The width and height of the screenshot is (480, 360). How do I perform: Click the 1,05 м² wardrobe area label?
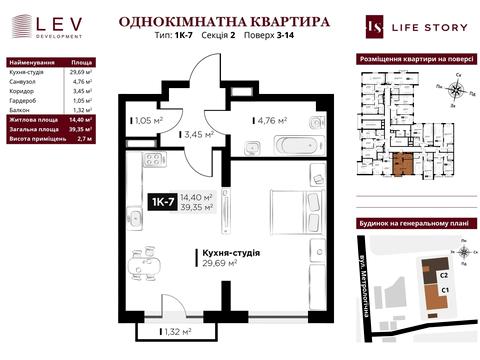tap(146, 122)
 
